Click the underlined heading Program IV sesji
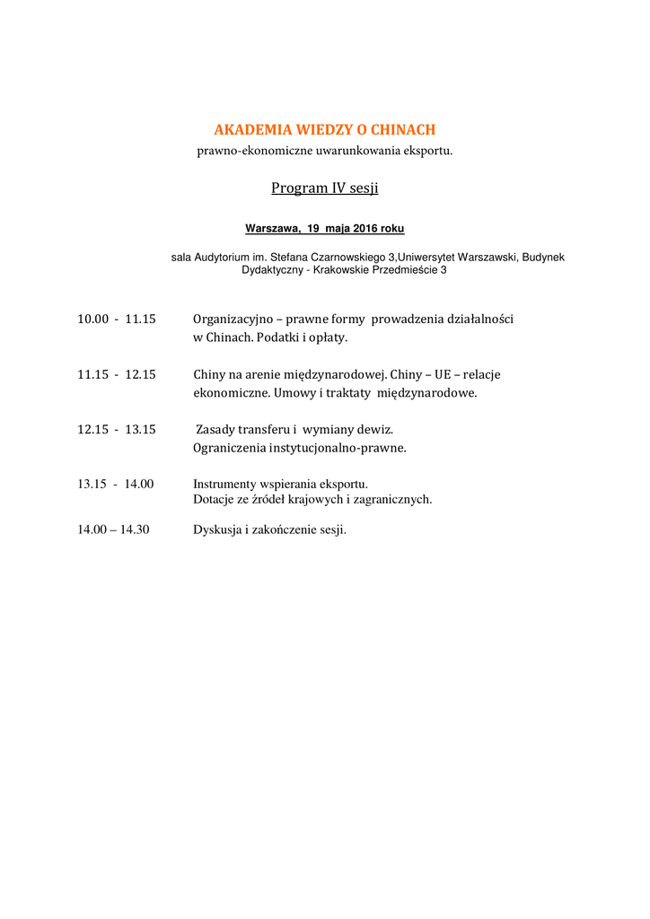tap(325, 188)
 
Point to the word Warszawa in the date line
tap(273, 228)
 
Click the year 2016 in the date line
tap(365, 228)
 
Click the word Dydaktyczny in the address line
tap(272, 269)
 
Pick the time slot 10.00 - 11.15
tap(117, 319)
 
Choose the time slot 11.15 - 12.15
tap(117, 374)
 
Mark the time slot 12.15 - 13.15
tap(117, 429)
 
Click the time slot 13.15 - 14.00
tap(116, 484)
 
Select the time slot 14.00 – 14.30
tap(113, 530)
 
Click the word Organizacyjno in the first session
tap(233, 319)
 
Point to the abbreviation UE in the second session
tap(442, 374)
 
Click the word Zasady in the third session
tap(216, 429)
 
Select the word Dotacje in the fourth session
tap(214, 499)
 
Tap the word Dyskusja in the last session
tap(216, 530)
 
